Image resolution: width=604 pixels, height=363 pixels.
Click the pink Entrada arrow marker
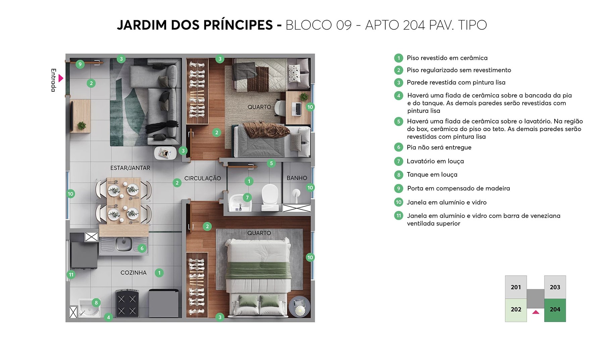pos(61,78)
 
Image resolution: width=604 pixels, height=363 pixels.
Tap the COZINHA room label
pos(133,273)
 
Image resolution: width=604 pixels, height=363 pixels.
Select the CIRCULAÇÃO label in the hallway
pos(202,178)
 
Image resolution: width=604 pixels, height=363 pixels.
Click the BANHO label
pos(297,178)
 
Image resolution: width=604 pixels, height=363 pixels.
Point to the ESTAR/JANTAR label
pos(130,168)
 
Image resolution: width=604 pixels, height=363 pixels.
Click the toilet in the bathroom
pos(270,197)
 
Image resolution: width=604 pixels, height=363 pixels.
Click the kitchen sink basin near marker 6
pos(123,244)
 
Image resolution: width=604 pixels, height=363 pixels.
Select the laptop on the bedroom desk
pos(297,109)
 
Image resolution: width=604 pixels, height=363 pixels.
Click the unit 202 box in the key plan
pos(516,310)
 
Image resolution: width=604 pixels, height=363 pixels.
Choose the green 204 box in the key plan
pos(555,310)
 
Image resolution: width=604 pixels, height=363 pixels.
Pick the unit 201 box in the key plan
pos(516,287)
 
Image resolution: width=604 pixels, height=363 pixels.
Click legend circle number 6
pos(398,147)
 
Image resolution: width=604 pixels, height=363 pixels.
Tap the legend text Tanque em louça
pos(432,174)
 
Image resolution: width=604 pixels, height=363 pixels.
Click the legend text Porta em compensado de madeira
pos(458,188)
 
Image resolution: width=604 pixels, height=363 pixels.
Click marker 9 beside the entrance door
pos(80,64)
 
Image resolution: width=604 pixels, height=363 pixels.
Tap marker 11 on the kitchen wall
pos(71,275)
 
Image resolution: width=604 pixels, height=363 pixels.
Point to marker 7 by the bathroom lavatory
pos(247,198)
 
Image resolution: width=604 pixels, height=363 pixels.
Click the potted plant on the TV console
pos(82,125)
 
